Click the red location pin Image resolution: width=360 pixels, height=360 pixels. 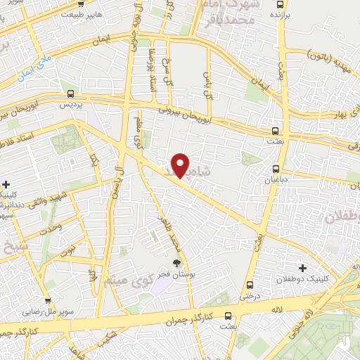tap(181, 165)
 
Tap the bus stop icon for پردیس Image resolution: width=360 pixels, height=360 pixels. tap(70, 93)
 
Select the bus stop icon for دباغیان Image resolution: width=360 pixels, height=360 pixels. tap(276, 169)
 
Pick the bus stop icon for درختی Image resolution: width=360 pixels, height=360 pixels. tap(250, 285)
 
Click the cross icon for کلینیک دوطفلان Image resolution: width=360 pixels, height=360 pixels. tap(302, 267)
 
